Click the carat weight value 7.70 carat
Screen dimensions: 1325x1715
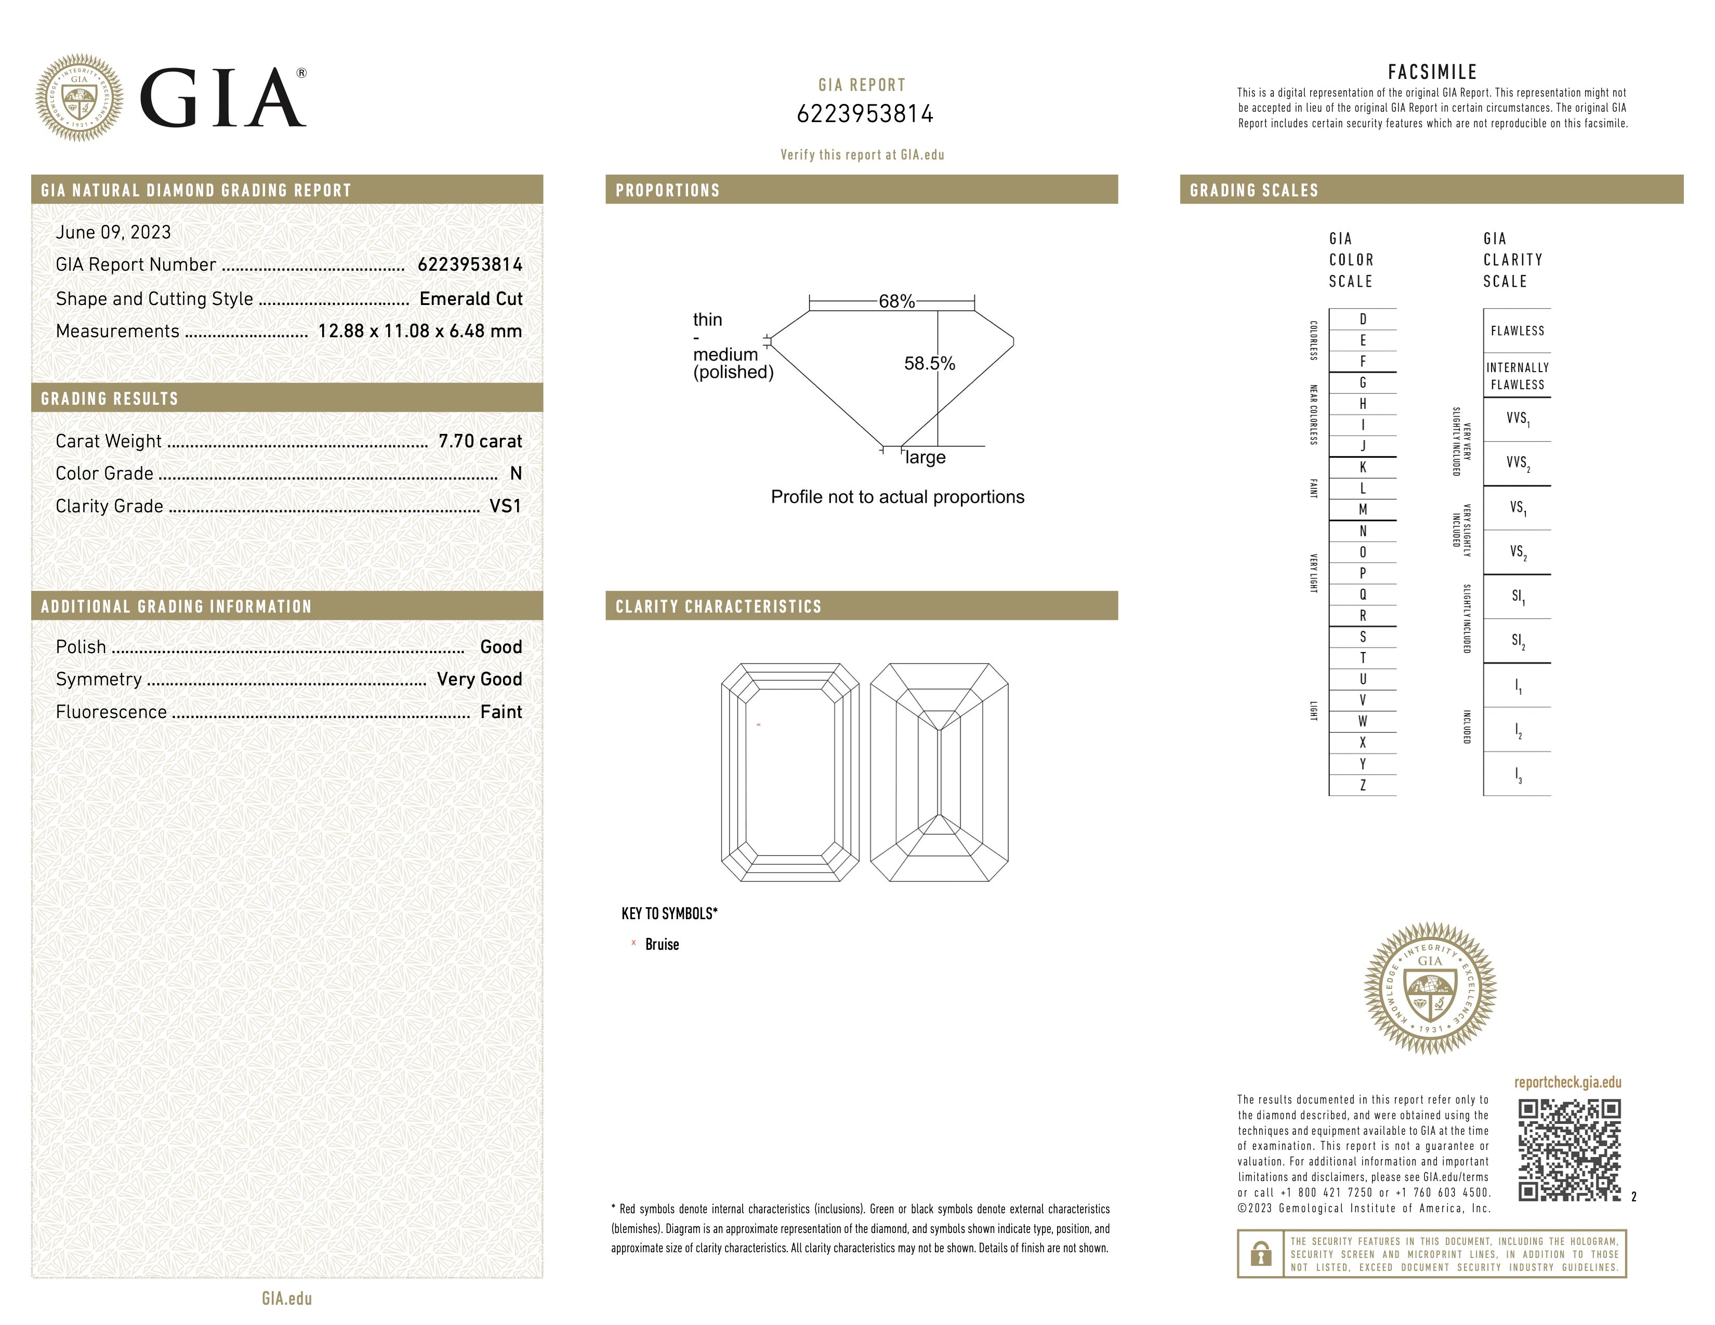click(480, 441)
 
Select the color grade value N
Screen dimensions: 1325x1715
click(516, 473)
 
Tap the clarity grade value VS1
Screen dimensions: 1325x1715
click(505, 506)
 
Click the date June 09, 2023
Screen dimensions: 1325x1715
click(113, 232)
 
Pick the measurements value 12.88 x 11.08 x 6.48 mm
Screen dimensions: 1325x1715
click(419, 332)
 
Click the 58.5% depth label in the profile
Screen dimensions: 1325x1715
click(929, 363)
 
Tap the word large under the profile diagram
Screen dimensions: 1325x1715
click(925, 458)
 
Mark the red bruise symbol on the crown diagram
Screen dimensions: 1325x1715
click(759, 724)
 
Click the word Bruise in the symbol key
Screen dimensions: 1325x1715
click(662, 944)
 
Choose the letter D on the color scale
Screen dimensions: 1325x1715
click(1363, 320)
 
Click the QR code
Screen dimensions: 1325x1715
click(1569, 1150)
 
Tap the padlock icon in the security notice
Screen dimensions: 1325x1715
click(1260, 1254)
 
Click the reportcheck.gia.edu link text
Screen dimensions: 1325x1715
click(1567, 1082)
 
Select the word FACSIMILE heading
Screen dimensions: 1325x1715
click(1432, 72)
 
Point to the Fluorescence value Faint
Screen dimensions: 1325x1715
click(501, 712)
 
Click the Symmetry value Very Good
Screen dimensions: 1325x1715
click(479, 679)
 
